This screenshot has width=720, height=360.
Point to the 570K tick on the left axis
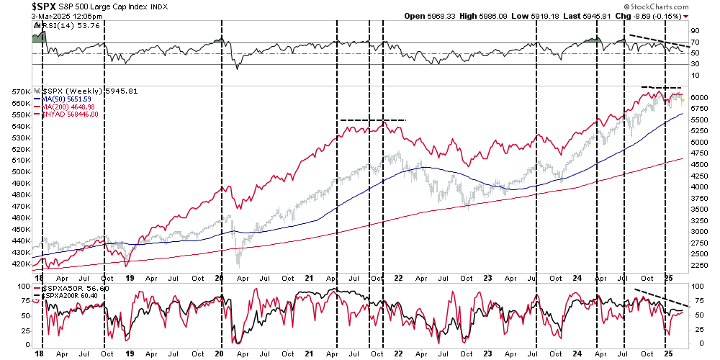[x=19, y=92]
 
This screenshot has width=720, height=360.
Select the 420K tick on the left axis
[x=19, y=264]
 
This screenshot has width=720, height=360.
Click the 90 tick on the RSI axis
[x=696, y=31]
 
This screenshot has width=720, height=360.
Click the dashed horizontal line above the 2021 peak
[x=373, y=120]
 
